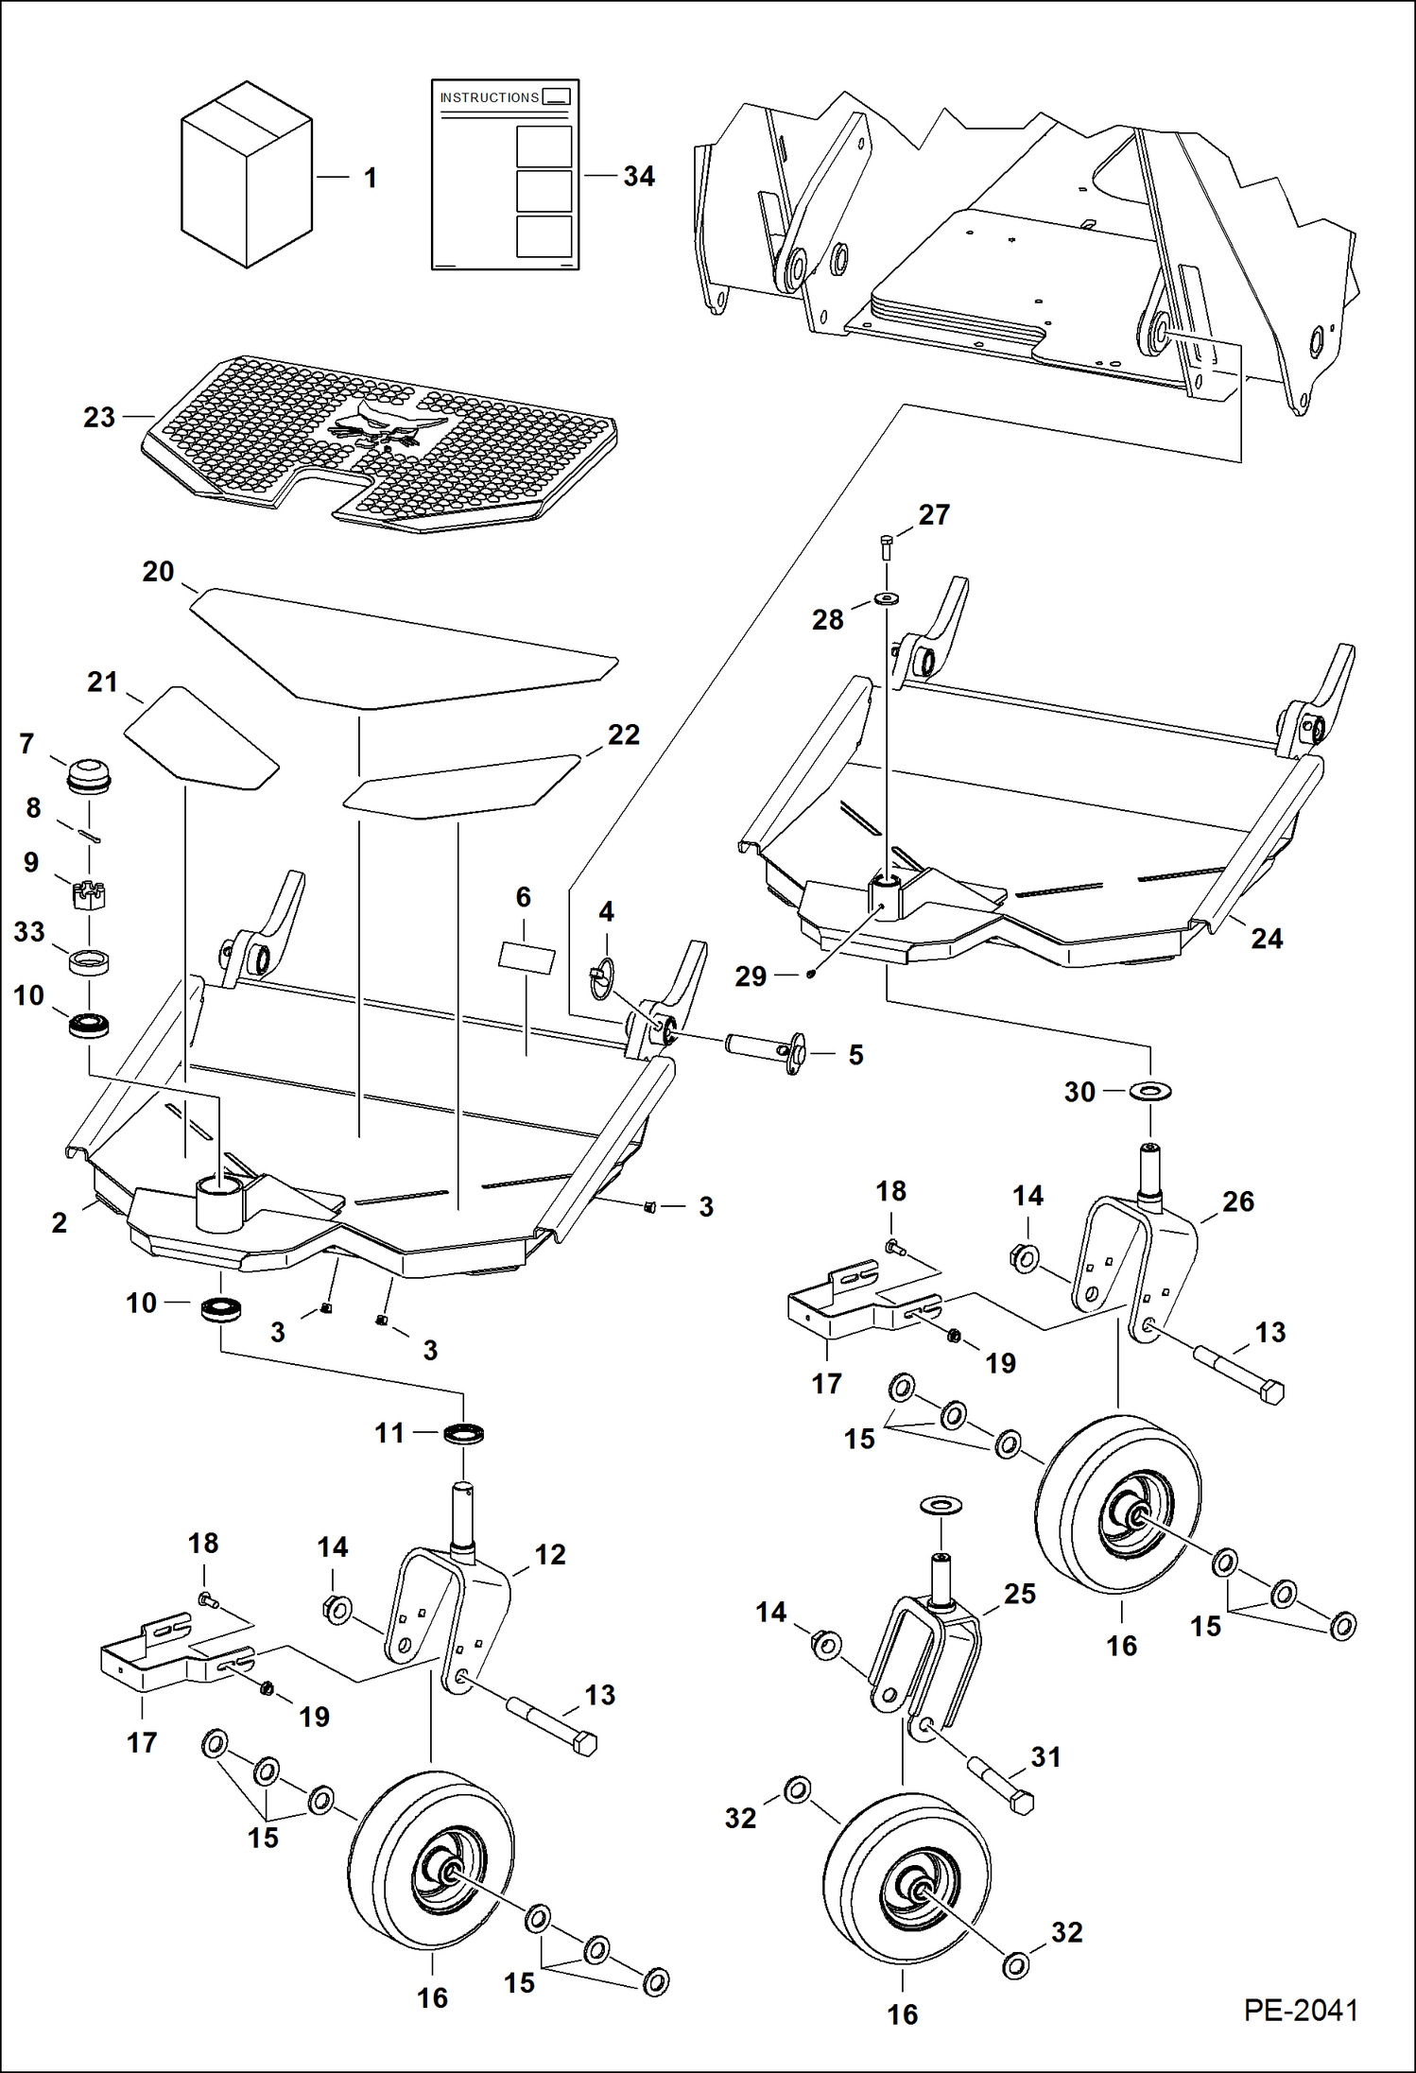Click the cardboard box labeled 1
pos(246,175)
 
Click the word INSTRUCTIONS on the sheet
pos(489,97)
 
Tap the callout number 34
pos(639,177)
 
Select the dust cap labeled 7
pos(89,775)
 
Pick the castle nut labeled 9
pos(89,892)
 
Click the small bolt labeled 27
pos(886,545)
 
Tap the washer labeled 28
pos(887,598)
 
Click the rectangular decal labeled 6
pos(527,958)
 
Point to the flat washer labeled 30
pos(1150,1091)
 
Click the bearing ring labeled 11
pos(463,1434)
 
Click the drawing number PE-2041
pos(1301,2010)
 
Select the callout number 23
pos(98,417)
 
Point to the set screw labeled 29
pos(810,973)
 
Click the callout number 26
pos(1237,1201)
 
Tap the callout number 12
pos(550,1554)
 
